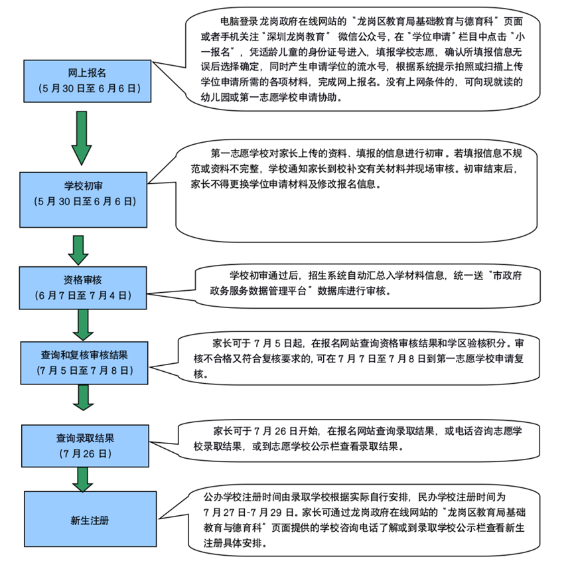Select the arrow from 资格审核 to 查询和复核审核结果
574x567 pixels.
[x=83, y=323]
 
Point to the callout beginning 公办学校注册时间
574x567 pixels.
[x=365, y=520]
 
